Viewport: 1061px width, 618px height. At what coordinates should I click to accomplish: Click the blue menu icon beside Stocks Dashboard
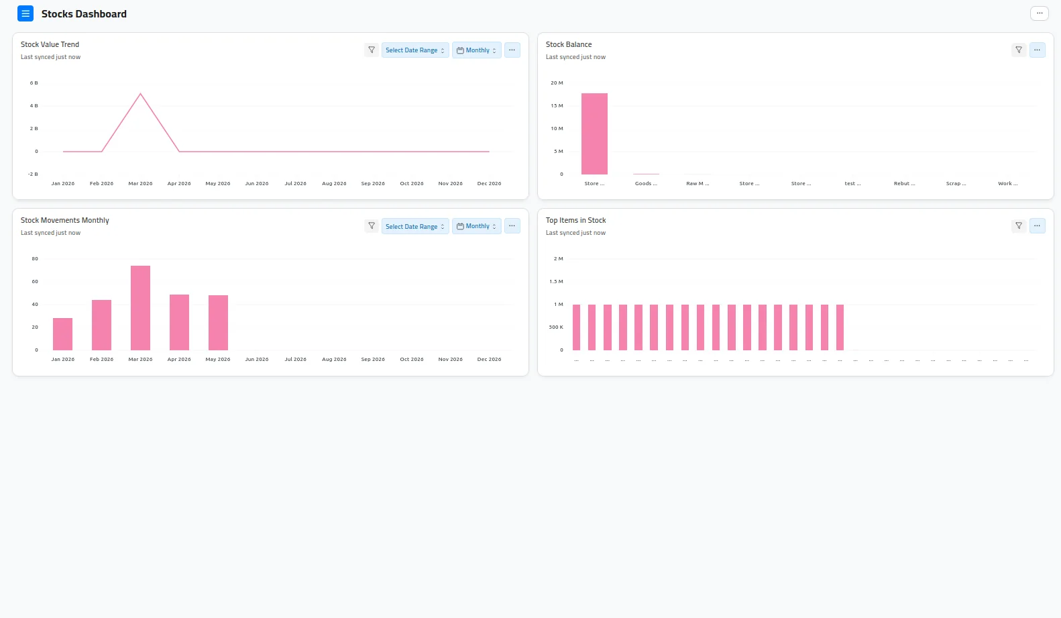[25, 13]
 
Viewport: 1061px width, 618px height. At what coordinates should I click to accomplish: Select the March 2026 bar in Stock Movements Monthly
[140, 308]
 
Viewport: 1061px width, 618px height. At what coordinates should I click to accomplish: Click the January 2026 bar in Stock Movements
[62, 334]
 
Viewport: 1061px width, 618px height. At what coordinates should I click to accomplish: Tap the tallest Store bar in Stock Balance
[594, 134]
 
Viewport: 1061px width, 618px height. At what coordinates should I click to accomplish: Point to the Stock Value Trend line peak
[140, 94]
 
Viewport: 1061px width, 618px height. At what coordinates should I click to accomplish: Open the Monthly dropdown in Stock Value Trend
[476, 50]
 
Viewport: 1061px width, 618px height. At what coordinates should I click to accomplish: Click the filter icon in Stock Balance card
[1019, 50]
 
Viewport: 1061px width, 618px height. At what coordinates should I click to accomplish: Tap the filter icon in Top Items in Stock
[1019, 225]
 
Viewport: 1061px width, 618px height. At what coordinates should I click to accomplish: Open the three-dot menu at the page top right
[1040, 13]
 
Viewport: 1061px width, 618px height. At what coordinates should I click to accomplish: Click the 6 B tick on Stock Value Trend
[34, 83]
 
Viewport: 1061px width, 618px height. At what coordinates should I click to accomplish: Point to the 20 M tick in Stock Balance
[557, 83]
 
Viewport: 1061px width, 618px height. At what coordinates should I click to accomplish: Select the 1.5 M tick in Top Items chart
[557, 282]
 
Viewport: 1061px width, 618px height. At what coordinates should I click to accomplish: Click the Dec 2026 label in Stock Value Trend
[490, 183]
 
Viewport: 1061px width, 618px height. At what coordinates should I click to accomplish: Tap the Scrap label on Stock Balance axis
[956, 183]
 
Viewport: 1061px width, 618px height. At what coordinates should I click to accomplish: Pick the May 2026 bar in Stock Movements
[218, 323]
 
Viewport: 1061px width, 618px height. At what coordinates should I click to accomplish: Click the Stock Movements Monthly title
[65, 220]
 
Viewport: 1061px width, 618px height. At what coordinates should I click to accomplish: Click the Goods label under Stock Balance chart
[646, 183]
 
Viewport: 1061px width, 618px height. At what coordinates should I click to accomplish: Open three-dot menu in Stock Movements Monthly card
[512, 225]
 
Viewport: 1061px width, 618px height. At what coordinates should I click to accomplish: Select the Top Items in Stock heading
[576, 220]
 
